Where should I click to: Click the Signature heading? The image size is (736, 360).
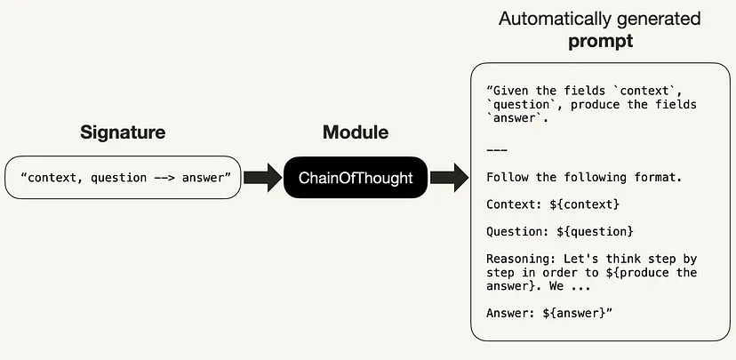point(123,132)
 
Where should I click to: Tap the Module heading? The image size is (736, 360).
point(356,132)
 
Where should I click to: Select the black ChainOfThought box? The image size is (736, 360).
point(356,178)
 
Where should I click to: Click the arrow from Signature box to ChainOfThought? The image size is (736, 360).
point(261,178)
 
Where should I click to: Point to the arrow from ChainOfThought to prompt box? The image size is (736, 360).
point(450,178)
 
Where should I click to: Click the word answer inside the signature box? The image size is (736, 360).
point(205,178)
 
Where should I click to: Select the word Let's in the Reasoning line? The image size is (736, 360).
point(580,259)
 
